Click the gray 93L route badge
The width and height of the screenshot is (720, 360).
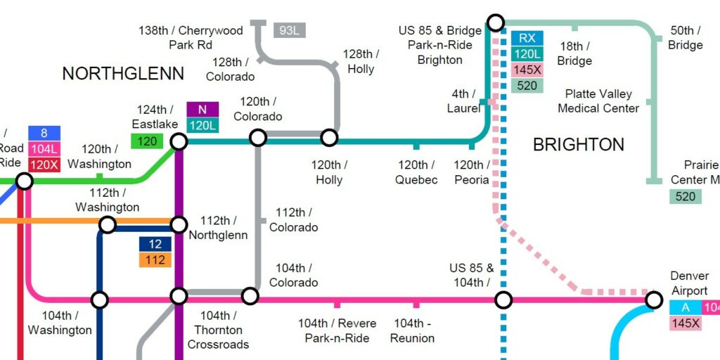(289, 30)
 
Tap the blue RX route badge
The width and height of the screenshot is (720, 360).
(527, 38)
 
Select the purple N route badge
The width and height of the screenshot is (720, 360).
(202, 110)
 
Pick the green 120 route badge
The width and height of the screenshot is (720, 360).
(147, 141)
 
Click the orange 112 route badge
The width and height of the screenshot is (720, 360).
(155, 260)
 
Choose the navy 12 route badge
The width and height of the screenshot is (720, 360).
(155, 244)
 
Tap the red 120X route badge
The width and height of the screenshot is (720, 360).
(44, 165)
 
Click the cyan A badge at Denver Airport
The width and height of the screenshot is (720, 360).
(685, 307)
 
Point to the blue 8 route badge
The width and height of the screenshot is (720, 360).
(44, 132)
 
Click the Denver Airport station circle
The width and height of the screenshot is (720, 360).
(654, 300)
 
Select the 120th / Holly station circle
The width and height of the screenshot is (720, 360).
(329, 137)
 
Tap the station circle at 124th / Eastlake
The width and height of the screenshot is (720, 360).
(179, 141)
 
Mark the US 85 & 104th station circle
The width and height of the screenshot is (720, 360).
(503, 300)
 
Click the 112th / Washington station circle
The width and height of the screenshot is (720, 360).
(107, 224)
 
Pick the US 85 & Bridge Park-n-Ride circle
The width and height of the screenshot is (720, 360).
(495, 22)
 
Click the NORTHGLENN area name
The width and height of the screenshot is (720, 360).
(123, 74)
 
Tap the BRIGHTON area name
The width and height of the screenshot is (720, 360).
(578, 145)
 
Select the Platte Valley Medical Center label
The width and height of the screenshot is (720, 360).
(598, 101)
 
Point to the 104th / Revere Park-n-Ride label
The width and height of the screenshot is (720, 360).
(337, 330)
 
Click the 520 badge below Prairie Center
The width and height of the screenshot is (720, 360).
(685, 196)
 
